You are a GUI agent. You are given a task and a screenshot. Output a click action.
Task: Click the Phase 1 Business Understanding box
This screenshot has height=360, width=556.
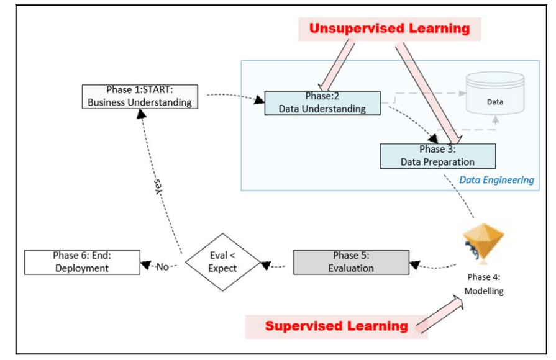140,96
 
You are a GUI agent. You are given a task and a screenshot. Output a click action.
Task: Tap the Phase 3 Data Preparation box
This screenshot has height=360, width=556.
437,156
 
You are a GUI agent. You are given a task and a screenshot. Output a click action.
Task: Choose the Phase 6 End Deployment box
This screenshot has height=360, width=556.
81,262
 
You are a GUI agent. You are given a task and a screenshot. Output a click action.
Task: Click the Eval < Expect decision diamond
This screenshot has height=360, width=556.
222,262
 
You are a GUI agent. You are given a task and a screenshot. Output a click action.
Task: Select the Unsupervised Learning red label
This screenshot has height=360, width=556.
390,29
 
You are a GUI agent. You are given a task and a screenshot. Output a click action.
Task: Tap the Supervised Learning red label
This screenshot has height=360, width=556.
336,326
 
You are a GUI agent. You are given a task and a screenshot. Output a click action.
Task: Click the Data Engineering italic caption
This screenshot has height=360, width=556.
496,180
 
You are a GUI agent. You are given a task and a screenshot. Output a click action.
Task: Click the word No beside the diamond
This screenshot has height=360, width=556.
163,267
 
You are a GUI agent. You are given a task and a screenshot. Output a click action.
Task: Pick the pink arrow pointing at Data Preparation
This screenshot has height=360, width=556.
429,90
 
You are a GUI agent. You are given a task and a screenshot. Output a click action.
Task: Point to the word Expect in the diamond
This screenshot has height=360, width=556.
222,269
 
